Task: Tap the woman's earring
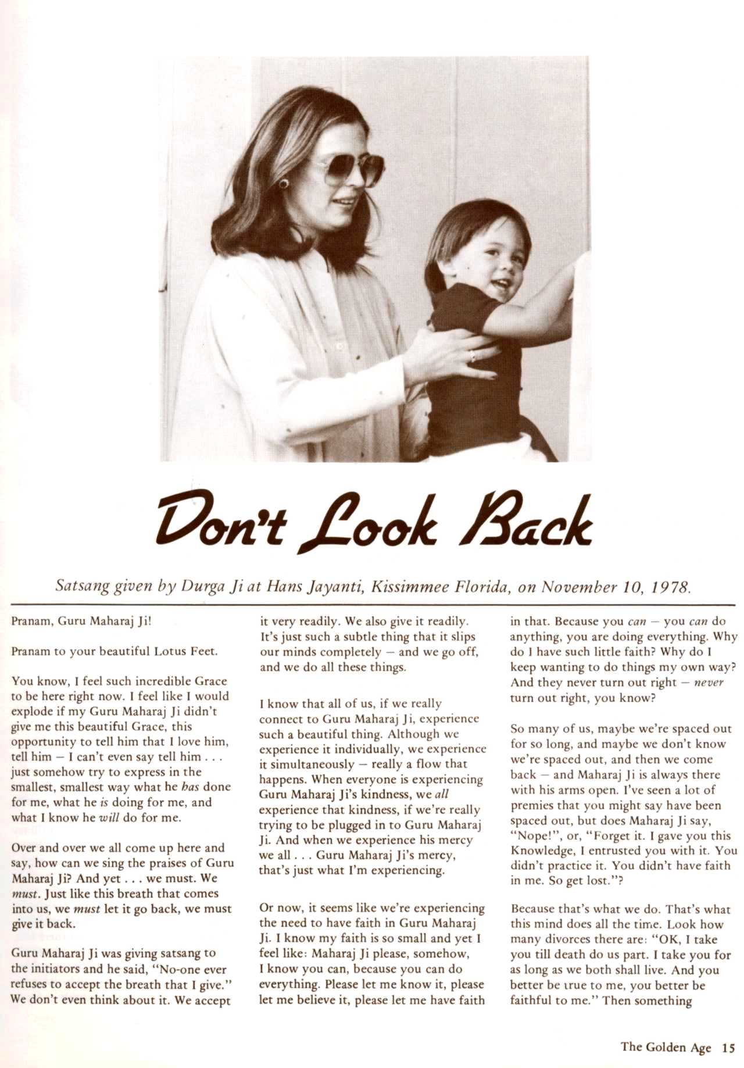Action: (285, 184)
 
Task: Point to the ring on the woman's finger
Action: (473, 356)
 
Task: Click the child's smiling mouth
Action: (500, 284)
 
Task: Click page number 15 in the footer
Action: (728, 1048)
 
